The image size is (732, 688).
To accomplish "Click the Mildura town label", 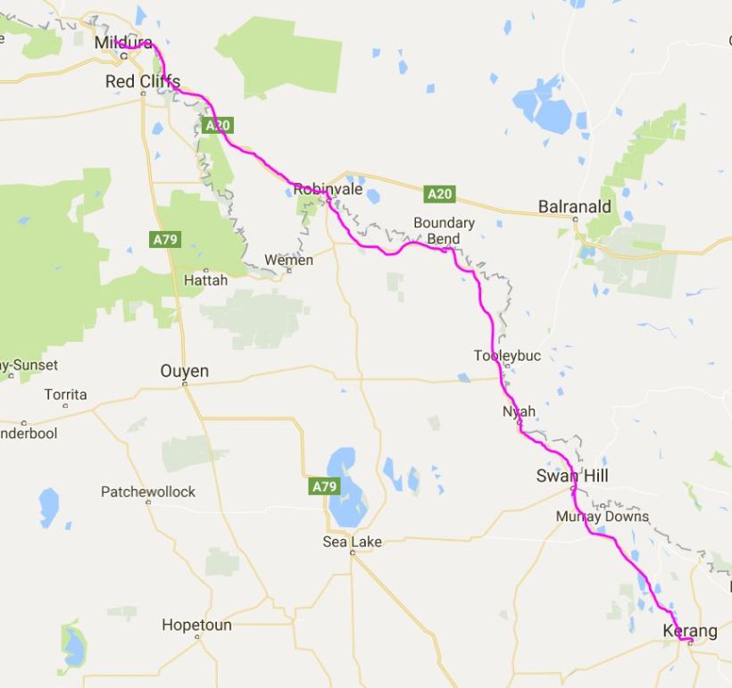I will (123, 42).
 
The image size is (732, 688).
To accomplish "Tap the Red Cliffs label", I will (143, 81).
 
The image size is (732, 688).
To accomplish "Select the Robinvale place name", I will (328, 189).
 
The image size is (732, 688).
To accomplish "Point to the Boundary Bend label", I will (444, 231).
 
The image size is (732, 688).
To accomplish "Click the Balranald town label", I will (575, 207).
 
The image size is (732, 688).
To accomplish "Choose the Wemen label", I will (288, 261).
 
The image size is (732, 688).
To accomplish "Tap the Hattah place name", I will (205, 280).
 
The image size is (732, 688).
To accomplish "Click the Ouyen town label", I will (184, 371).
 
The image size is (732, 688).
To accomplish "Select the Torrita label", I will (66, 394).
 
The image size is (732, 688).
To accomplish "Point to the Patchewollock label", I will (148, 492).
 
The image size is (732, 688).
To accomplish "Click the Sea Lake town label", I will (352, 542).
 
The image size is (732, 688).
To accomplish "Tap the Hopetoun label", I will (196, 626).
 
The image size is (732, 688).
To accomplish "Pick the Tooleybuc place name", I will (507, 356).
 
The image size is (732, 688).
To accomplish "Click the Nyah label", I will (519, 411).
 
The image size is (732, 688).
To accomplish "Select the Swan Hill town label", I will (572, 477).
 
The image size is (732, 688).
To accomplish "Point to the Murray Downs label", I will (603, 517).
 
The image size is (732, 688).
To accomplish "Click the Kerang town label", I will (689, 632).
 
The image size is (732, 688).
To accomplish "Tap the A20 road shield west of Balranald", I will (439, 194).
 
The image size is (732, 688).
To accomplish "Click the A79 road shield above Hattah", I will (165, 239).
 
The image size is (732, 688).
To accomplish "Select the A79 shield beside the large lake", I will (324, 486).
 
